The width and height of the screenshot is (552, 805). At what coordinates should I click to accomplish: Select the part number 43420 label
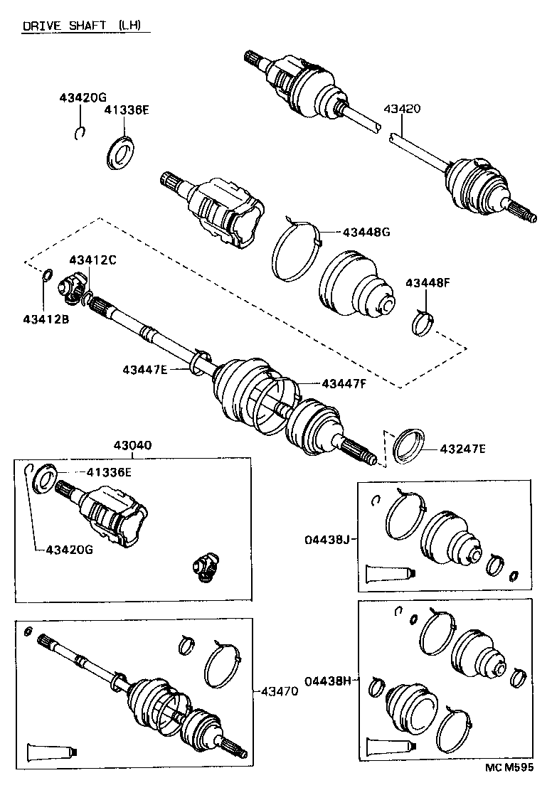pyautogui.click(x=403, y=109)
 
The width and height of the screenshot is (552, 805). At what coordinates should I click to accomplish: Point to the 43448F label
pyautogui.click(x=428, y=282)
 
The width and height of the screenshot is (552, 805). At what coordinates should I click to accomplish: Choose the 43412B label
pyautogui.click(x=46, y=319)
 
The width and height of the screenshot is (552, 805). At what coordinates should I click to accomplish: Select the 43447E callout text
pyautogui.click(x=144, y=369)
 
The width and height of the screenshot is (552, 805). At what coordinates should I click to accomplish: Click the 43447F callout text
pyautogui.click(x=344, y=383)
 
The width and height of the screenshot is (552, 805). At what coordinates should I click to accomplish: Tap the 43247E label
pyautogui.click(x=462, y=449)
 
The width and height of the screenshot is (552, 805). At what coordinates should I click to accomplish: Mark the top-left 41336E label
pyautogui.click(x=127, y=110)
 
